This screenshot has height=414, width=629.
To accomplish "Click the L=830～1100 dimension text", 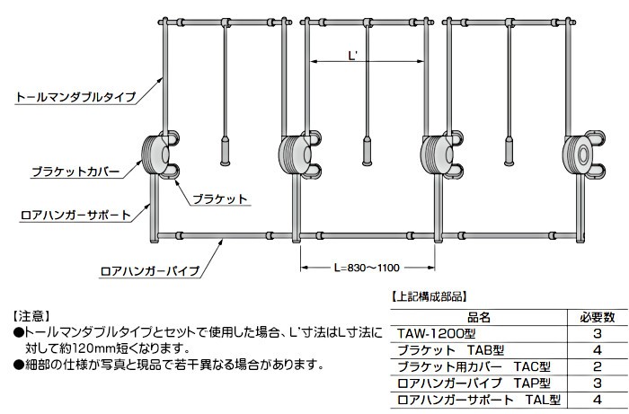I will (366, 267).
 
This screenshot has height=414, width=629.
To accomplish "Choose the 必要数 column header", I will (596, 316).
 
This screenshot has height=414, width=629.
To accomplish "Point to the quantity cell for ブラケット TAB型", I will (596, 349).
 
